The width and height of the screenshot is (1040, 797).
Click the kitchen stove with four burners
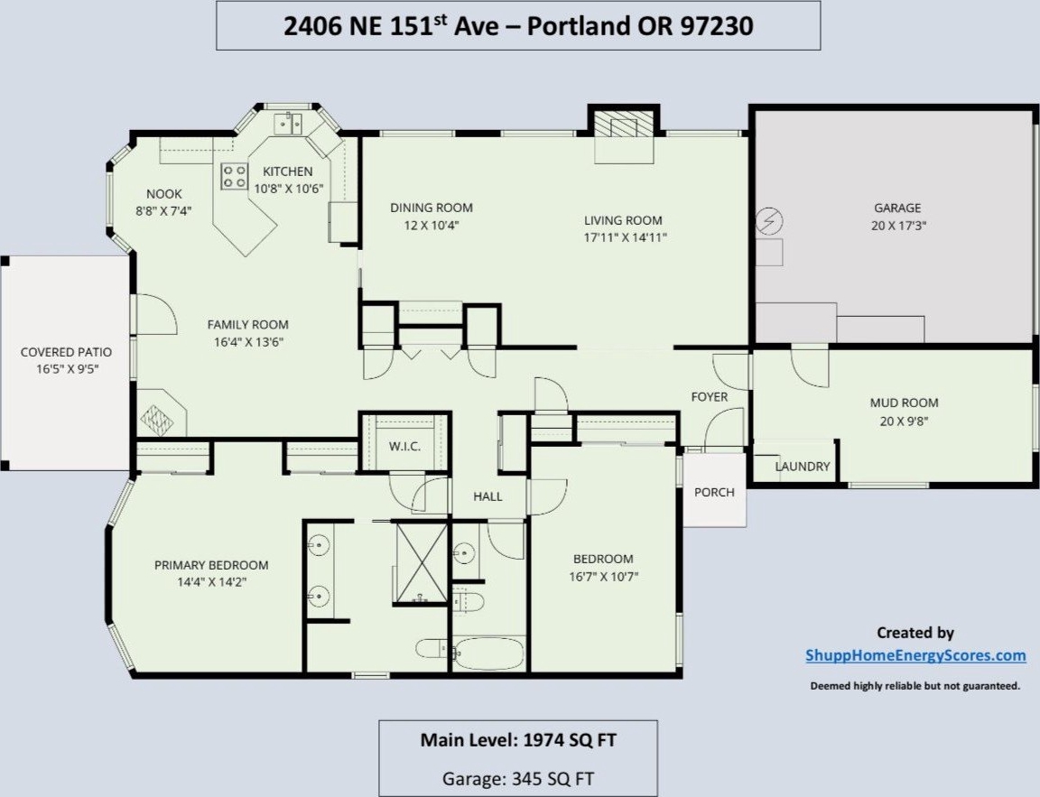(234, 176)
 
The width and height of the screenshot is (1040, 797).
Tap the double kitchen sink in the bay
(288, 124)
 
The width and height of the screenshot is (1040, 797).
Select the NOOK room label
(163, 194)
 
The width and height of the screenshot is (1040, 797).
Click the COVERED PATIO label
(66, 352)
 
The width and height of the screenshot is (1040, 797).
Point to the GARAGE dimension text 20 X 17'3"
(899, 226)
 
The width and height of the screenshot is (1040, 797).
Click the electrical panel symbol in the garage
(769, 221)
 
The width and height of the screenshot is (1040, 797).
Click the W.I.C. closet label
(404, 446)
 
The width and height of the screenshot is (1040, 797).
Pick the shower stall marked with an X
(422, 562)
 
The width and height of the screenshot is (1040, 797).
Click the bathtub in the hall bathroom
(489, 653)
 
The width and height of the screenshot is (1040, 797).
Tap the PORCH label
(714, 492)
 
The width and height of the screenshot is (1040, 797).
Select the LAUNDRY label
(803, 466)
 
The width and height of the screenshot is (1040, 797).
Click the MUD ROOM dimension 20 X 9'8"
(904, 421)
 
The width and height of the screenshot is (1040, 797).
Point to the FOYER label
(710, 397)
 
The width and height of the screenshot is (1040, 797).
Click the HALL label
(487, 496)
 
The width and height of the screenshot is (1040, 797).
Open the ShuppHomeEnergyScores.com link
(916, 656)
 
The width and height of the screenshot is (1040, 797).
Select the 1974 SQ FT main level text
(571, 740)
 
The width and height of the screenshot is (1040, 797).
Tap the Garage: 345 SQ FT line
(518, 778)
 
